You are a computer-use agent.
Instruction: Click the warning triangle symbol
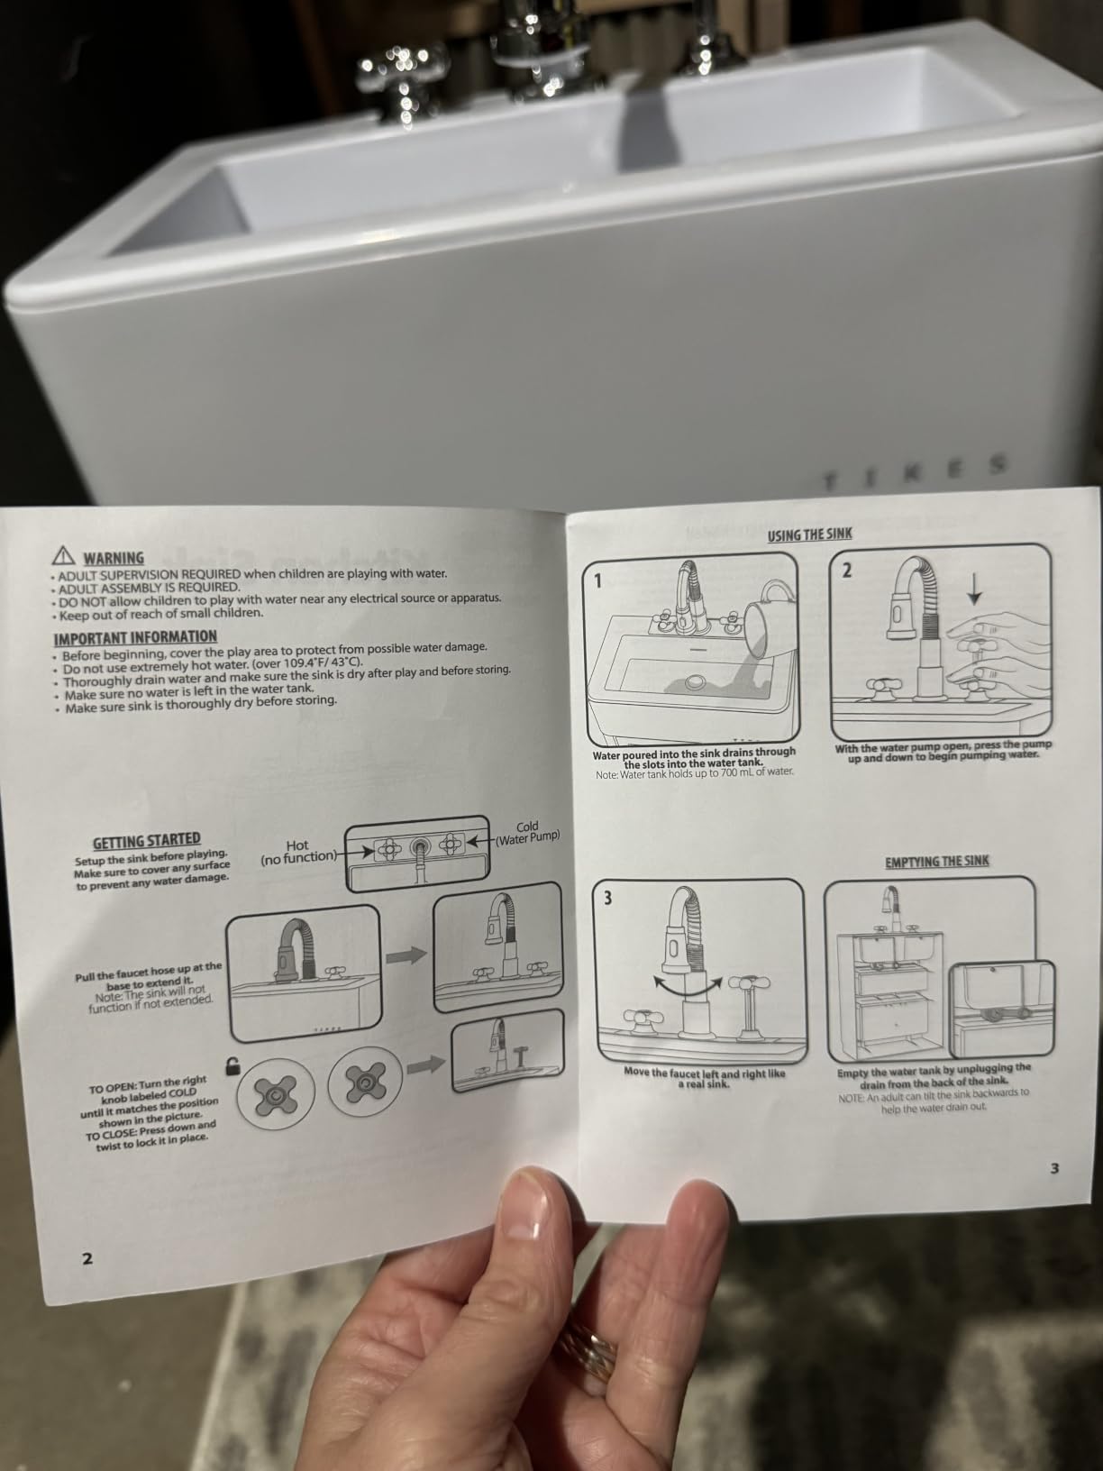coord(63,555)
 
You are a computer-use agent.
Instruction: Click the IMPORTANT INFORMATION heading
coord(135,636)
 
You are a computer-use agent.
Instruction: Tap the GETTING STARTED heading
coord(147,840)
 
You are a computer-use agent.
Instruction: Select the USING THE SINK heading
coord(809,534)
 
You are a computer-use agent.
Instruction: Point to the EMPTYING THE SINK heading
coord(936,861)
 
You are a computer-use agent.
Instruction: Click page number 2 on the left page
coord(87,1258)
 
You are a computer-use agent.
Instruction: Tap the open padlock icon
coord(232,1065)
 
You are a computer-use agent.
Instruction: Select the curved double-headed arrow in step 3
coord(688,989)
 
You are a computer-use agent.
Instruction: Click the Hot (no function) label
coord(298,851)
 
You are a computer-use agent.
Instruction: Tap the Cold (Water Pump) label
coord(528,832)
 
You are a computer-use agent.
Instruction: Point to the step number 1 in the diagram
coord(597,580)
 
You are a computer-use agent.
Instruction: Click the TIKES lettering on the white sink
coord(915,471)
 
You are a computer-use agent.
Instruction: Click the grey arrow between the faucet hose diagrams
coord(406,955)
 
